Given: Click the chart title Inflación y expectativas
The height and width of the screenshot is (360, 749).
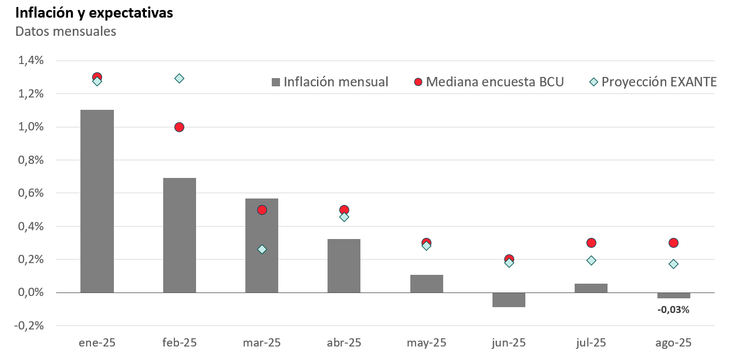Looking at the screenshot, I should (94, 13).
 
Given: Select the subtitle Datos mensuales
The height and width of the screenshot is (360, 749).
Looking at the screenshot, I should (66, 32).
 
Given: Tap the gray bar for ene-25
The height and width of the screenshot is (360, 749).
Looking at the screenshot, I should (97, 201).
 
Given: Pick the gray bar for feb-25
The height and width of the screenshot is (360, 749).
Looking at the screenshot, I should (180, 235).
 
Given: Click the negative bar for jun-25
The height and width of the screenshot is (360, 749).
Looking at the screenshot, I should (509, 300).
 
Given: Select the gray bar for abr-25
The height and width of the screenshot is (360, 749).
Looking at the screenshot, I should (344, 265).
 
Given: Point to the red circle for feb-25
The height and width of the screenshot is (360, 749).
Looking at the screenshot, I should (179, 127).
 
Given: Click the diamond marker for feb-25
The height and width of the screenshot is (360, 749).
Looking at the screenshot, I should (180, 78).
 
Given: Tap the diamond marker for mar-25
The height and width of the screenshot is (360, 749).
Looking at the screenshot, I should (262, 249).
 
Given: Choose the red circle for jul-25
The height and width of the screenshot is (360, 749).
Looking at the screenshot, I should (591, 243).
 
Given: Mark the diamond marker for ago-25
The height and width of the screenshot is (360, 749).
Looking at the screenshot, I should (673, 264).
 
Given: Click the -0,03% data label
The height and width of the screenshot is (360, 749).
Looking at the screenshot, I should (673, 309).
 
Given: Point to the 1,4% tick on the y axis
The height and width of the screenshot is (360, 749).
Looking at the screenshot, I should (31, 60).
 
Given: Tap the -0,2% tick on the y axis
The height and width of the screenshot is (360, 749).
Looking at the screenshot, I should (30, 325).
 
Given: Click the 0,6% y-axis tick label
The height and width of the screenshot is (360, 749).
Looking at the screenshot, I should (31, 193).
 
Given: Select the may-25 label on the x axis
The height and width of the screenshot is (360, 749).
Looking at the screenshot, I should (426, 342).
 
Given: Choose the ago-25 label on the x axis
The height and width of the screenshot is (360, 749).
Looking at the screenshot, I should (673, 342).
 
